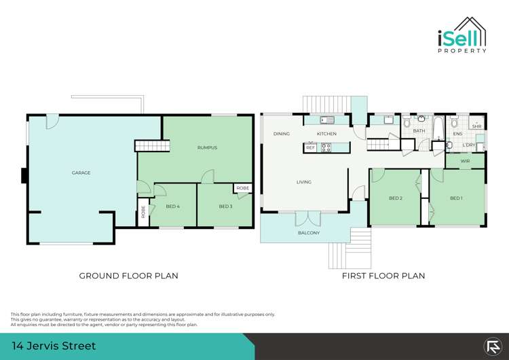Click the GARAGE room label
click(81, 173)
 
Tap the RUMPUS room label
click(207, 147)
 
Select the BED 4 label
click(172, 206)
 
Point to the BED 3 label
click(226, 206)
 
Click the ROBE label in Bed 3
click(242, 188)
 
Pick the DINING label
click(282, 134)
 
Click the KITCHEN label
click(326, 134)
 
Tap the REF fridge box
click(310, 147)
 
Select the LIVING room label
click(303, 181)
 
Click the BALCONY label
click(309, 233)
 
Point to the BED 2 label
click(396, 198)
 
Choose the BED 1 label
click(457, 198)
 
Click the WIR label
click(465, 161)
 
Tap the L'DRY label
click(468, 145)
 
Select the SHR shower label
click(476, 126)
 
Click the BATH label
click(419, 130)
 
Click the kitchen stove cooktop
click(326, 147)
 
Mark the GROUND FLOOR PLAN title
click(129, 276)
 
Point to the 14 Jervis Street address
click(53, 346)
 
